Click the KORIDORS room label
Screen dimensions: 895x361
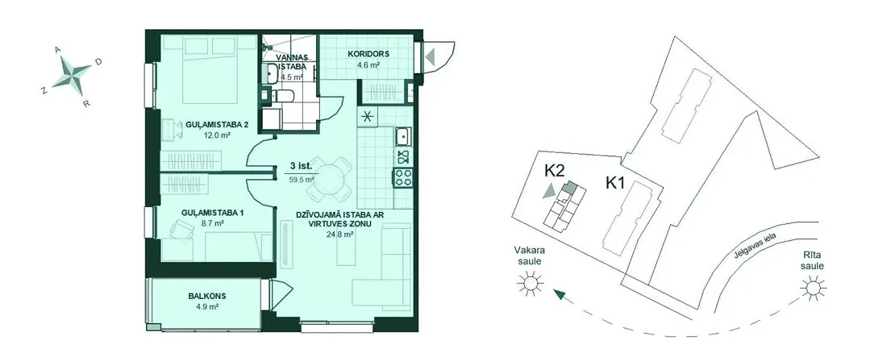pos(368,54)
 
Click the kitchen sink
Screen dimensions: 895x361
pos(404,136)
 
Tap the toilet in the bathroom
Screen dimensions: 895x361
pos(284,95)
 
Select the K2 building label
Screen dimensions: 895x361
pos(554,171)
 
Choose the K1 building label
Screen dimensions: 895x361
pos(617,183)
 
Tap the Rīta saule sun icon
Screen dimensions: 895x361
pos(813,288)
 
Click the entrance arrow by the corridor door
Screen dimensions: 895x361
pos(430,56)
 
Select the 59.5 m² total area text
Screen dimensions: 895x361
pos(302,180)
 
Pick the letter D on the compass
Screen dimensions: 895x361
pos(98,62)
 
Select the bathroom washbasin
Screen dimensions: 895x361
pos(270,73)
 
